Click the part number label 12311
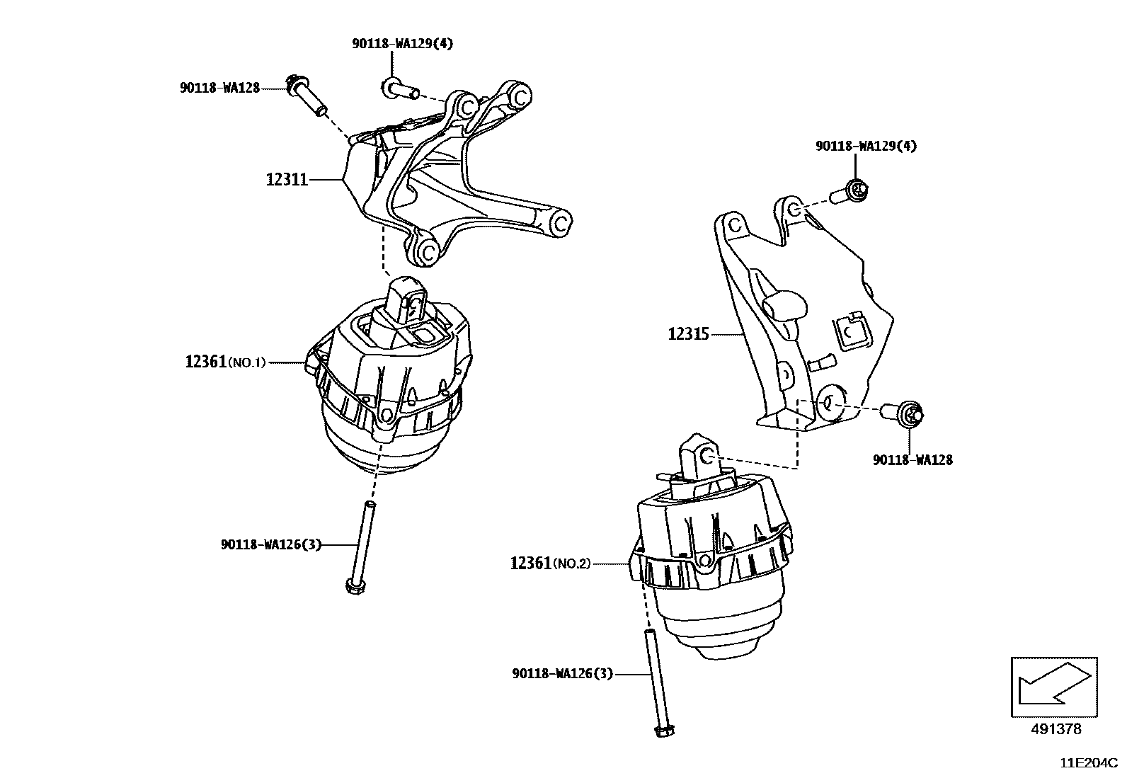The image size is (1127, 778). [x=287, y=180]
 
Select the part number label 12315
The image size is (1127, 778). [x=688, y=333]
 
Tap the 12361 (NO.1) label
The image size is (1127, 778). [x=225, y=362]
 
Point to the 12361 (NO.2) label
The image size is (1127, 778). [x=550, y=564]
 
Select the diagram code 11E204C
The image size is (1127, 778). [x=1088, y=764]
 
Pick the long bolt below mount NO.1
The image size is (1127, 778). [x=362, y=545]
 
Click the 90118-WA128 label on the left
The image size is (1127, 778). [x=219, y=88]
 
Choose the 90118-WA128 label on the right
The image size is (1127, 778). [x=913, y=460]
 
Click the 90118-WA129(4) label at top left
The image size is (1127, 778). [x=403, y=43]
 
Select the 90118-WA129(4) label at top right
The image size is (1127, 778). [x=866, y=146]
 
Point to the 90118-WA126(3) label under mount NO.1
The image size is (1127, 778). [x=270, y=544]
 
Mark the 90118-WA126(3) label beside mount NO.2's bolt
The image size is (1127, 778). [x=562, y=674]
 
